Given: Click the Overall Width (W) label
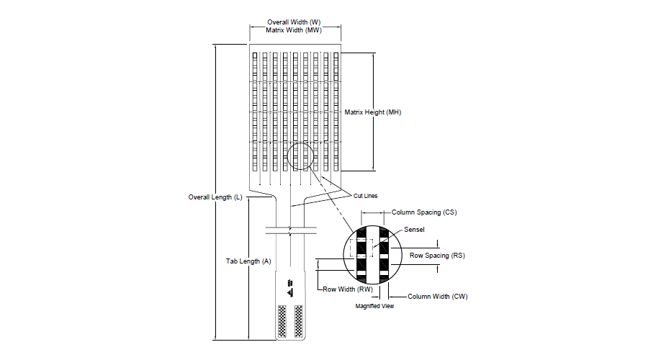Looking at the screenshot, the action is tap(294, 22).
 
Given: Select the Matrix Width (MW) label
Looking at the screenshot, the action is tap(294, 30).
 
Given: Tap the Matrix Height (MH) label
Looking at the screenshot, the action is tap(372, 112).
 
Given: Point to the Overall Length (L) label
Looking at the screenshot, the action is tap(215, 197).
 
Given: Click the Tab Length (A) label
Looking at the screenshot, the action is tap(248, 261).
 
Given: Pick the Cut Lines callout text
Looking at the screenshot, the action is tap(365, 196).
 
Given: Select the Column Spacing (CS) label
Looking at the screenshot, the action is tap(424, 212).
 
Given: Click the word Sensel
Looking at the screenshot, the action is tap(414, 229).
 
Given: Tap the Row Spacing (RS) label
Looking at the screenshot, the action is tap(437, 255).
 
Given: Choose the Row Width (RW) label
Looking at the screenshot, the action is tap(348, 289).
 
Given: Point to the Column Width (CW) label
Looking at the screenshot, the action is tap(438, 297).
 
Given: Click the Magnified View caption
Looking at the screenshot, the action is tap(374, 306).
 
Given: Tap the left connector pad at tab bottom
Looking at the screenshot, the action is tap(282, 321).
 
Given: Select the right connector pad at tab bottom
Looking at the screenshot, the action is tap(299, 321).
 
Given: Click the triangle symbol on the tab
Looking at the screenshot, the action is tap(290, 292).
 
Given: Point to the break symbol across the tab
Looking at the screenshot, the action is tap(291, 230).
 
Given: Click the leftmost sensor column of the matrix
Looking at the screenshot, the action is tap(255, 112).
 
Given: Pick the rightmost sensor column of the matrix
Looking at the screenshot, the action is tap(336, 112).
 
